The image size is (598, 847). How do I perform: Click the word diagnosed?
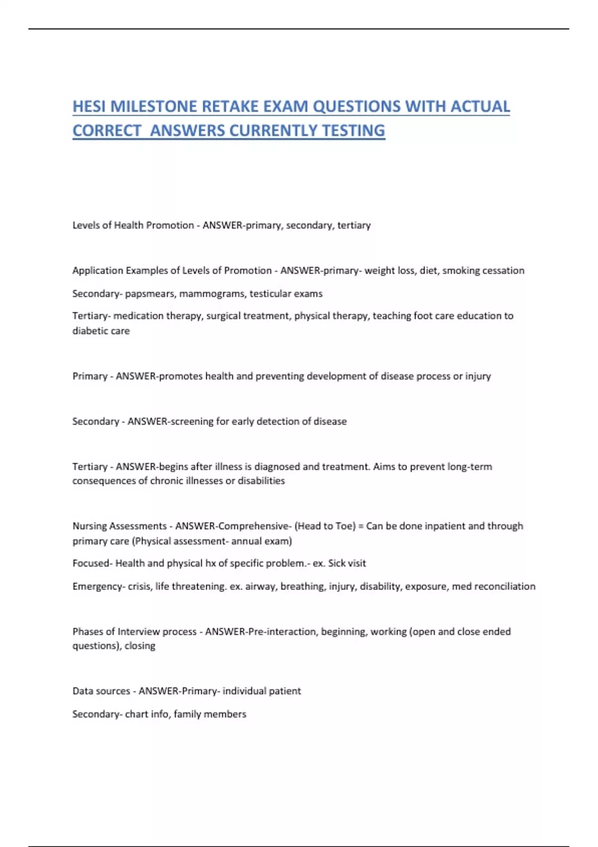click(x=277, y=467)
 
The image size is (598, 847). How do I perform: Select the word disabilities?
click(x=261, y=481)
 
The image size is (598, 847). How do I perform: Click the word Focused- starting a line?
click(x=92, y=564)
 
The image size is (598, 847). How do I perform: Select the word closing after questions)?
click(x=140, y=646)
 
